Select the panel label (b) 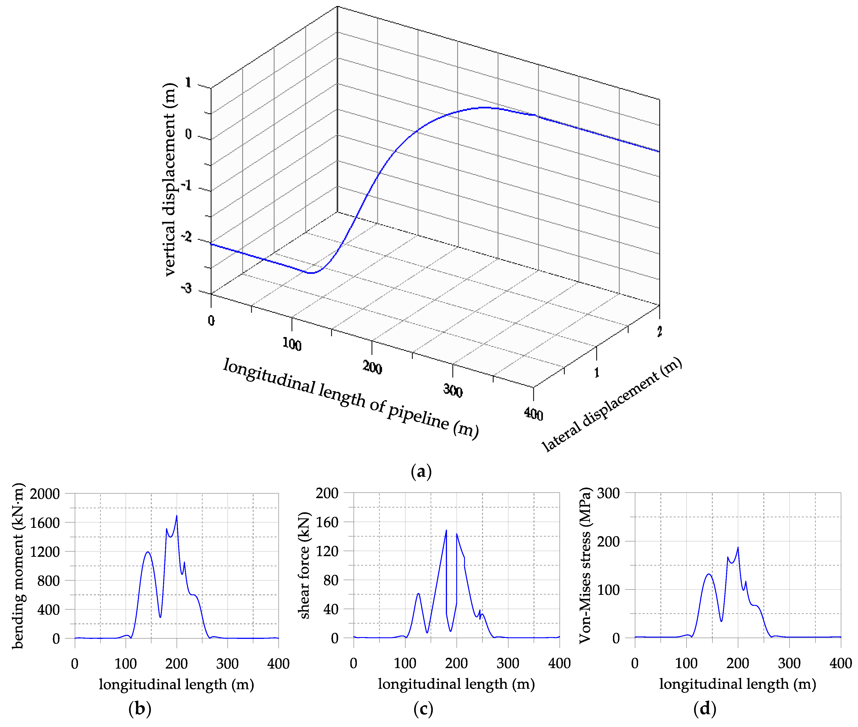140,709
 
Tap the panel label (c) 423,709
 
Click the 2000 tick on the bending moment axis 45,494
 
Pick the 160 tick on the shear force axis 327,522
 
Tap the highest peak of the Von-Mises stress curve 738,547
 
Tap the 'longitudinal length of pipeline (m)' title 350,398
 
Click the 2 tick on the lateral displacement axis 659,331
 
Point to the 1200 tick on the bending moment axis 45,552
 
